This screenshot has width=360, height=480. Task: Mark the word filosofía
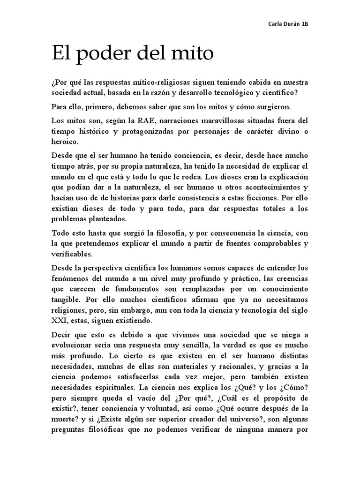(159, 233)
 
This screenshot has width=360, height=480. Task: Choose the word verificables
(73, 254)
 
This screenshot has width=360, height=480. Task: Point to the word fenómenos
(70, 278)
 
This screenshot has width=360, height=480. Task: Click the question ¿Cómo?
(292, 388)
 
